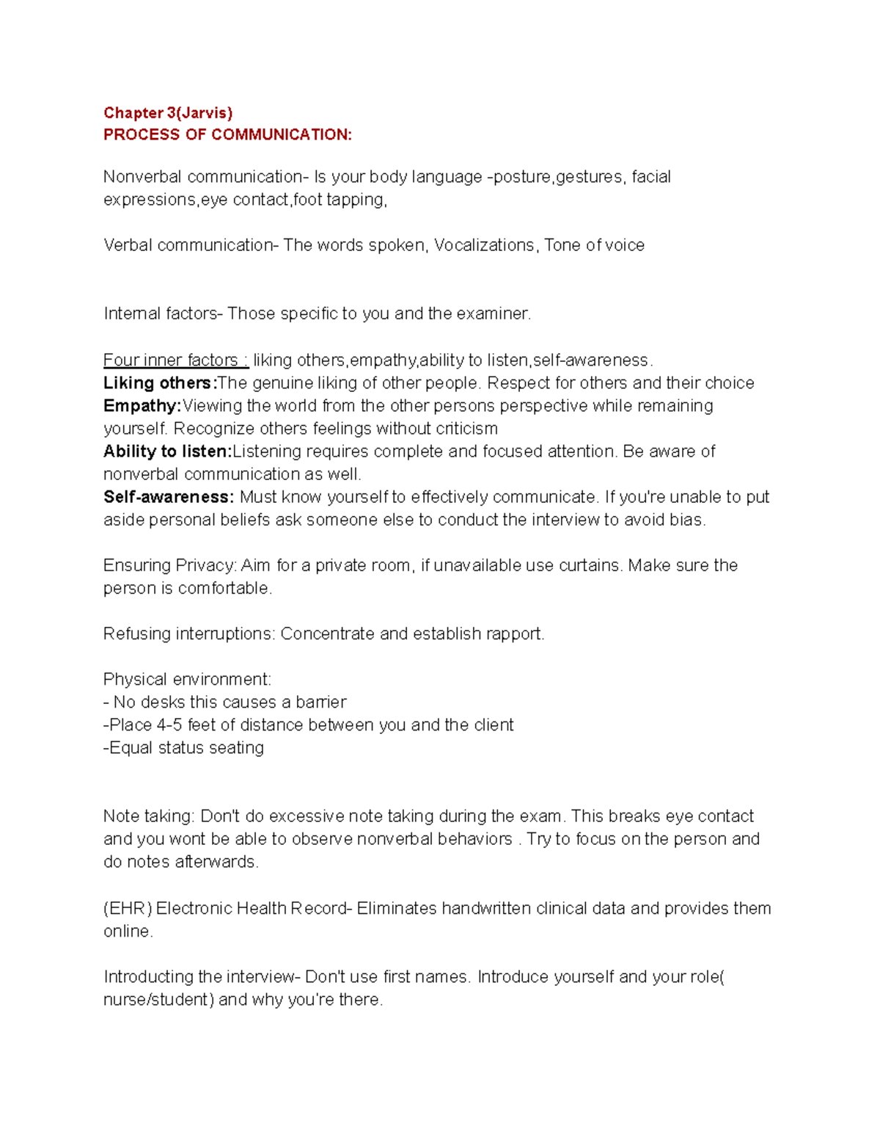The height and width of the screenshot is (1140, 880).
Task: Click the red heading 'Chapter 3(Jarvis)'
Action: (168, 113)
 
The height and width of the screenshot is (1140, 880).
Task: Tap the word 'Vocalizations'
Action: (484, 245)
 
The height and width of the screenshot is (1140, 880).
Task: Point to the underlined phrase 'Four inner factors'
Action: (171, 360)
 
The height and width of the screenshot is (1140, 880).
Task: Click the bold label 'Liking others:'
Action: (161, 383)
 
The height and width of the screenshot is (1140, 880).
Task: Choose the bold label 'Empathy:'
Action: (142, 406)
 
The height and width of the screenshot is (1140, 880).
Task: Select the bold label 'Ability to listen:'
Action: (167, 451)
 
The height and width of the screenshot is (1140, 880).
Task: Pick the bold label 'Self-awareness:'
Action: (169, 497)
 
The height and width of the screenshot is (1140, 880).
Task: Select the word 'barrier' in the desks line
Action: (320, 702)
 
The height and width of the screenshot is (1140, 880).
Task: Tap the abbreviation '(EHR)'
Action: (128, 909)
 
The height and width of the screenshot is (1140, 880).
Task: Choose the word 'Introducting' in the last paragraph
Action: (149, 977)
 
